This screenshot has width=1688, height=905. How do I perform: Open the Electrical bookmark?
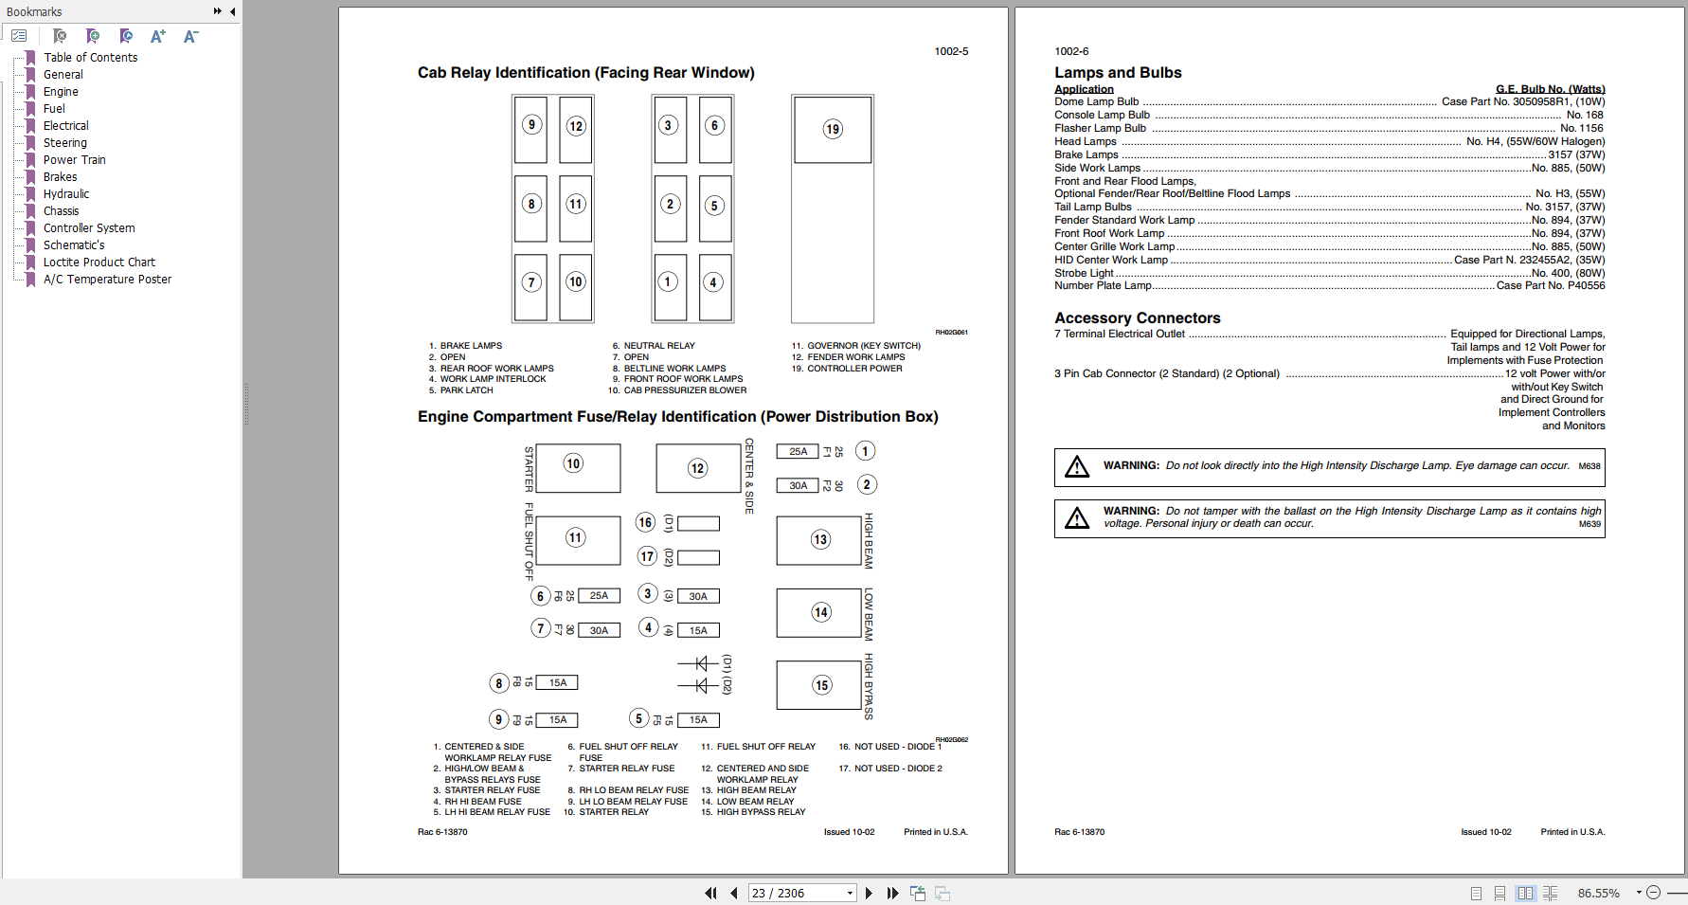[65, 126]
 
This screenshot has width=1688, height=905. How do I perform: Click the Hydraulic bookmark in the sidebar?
[65, 194]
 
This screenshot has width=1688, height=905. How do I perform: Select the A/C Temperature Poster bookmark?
[107, 280]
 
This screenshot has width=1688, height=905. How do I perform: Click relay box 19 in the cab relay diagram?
[833, 129]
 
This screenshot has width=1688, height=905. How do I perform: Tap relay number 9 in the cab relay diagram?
[531, 125]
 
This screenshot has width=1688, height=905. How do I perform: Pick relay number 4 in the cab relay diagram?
[714, 282]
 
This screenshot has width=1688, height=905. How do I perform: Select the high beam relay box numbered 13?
[819, 540]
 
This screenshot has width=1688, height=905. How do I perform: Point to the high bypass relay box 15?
[819, 685]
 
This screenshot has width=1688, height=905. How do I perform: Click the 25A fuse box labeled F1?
[799, 451]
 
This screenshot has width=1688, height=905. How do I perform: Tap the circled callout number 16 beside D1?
[646, 522]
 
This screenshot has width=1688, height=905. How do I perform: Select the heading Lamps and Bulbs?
[1118, 73]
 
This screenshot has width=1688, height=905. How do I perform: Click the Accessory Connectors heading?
[1137, 318]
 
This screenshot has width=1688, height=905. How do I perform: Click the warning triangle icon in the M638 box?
[1077, 466]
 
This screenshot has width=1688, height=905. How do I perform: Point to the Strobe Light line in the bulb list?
[1085, 273]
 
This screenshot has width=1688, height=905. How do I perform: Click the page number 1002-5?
[951, 51]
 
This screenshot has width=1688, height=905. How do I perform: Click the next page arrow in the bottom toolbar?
[869, 893]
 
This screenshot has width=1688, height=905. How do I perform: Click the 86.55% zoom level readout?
[1598, 893]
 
